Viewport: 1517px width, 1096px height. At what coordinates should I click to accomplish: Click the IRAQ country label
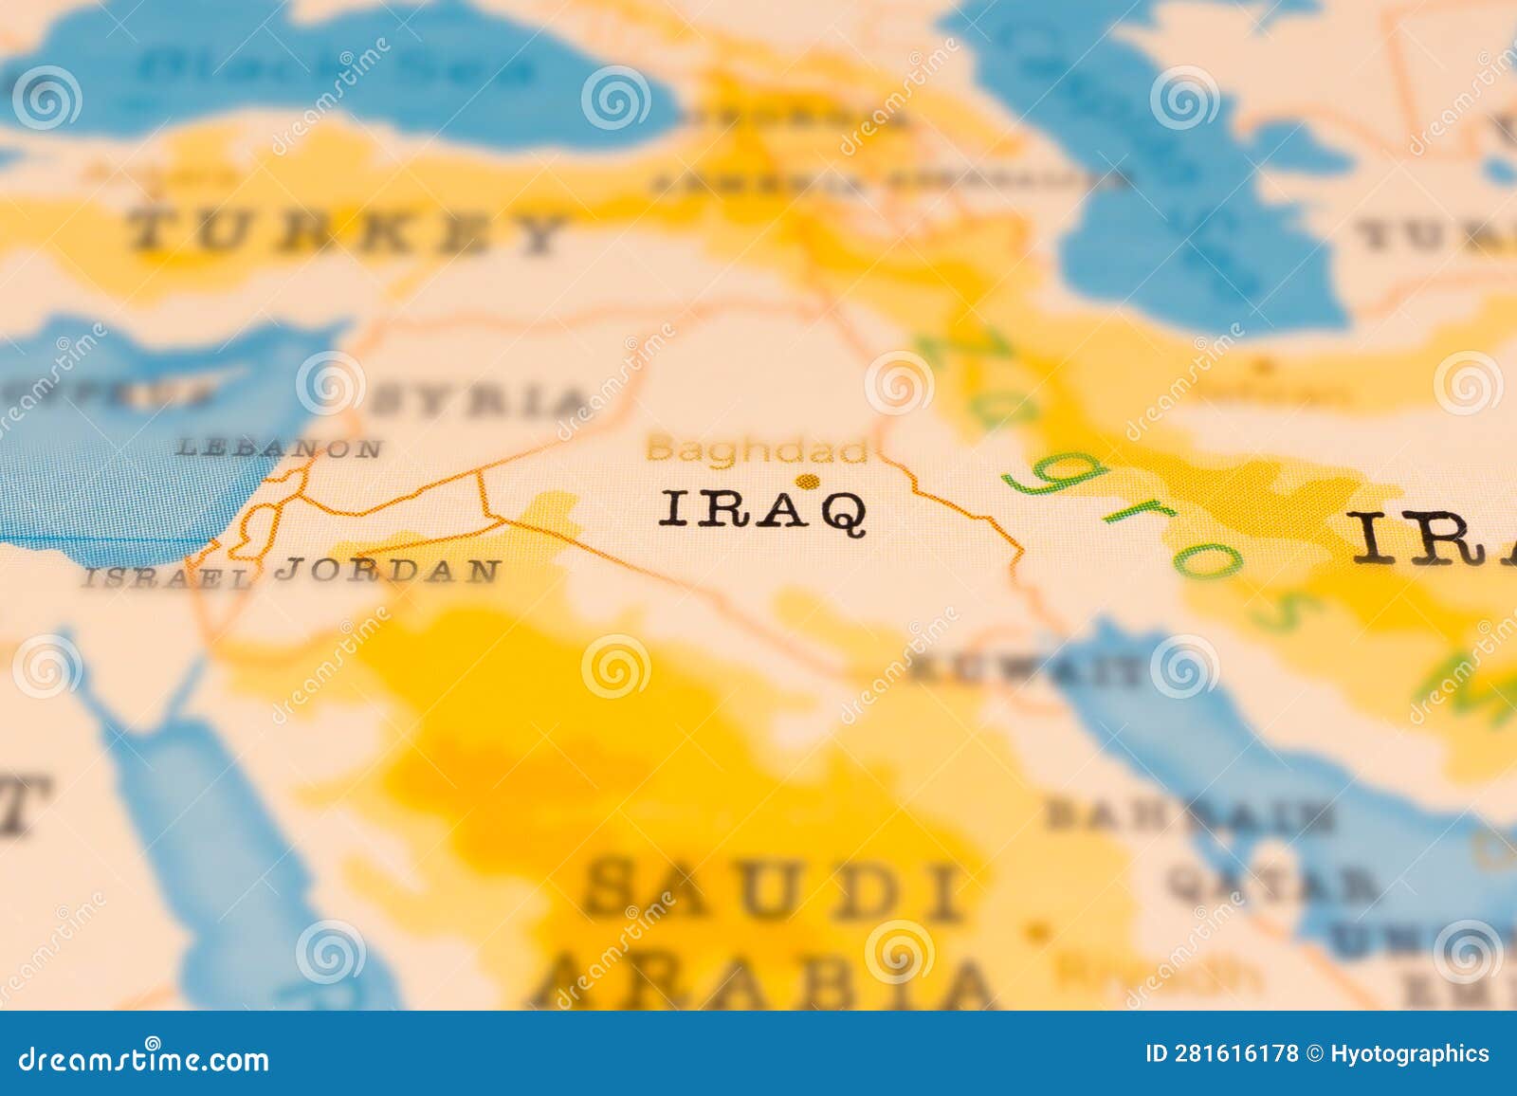pos(762,511)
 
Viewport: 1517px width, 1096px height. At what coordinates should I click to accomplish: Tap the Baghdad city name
pos(757,449)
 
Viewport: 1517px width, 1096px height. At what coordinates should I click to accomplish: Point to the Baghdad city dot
pos(808,483)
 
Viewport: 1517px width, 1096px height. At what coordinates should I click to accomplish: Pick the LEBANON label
pos(280,448)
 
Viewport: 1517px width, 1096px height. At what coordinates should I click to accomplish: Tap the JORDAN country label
pos(389,570)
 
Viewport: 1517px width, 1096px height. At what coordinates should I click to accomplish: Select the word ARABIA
pos(768,981)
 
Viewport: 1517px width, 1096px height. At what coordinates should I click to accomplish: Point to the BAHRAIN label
pos(1190,815)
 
